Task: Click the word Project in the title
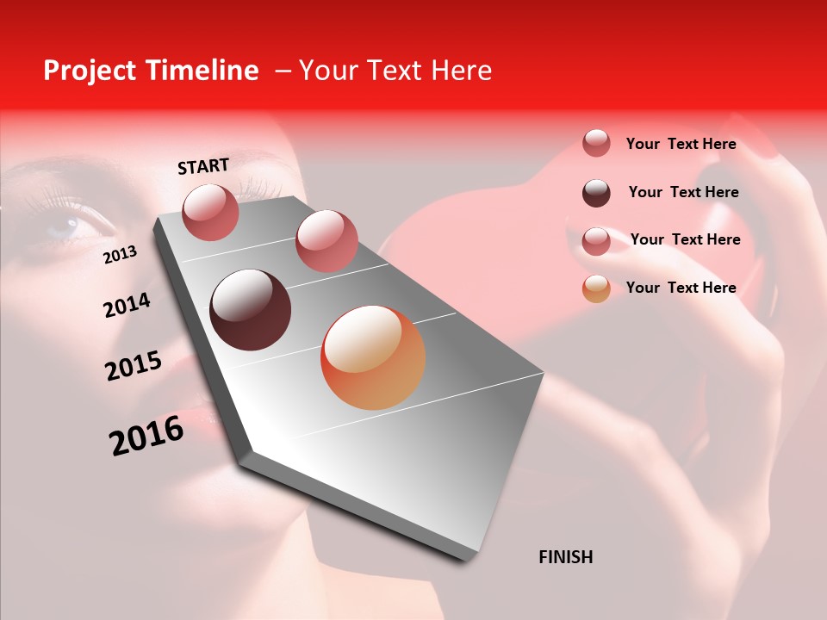(x=90, y=71)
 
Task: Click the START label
(x=203, y=166)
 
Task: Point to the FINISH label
(x=565, y=557)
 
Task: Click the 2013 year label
(x=120, y=255)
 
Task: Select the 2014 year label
(x=127, y=306)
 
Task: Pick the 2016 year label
(x=146, y=436)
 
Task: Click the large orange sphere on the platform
(x=373, y=357)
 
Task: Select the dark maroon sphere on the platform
(x=251, y=310)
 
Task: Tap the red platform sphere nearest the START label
(x=210, y=212)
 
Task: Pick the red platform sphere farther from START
(x=326, y=240)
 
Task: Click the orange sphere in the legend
(x=596, y=288)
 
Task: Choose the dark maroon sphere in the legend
(x=596, y=193)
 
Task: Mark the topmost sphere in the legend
(x=596, y=143)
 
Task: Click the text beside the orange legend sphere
(x=681, y=288)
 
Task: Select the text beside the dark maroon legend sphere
(x=683, y=192)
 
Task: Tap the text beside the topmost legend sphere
(x=681, y=144)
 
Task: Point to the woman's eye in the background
(x=69, y=226)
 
